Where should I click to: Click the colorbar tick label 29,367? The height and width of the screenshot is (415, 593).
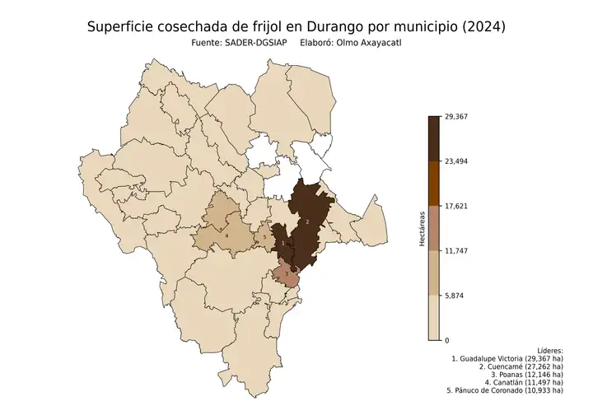456,116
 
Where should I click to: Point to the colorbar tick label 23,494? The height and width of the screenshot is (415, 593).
456,161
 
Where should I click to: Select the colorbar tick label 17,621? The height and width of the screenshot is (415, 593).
456,206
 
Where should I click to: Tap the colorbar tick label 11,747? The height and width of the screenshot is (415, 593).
456,250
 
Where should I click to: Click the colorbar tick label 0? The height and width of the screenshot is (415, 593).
447,340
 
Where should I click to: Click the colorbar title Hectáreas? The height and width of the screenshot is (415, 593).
421,228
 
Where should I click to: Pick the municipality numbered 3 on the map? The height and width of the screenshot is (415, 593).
286,273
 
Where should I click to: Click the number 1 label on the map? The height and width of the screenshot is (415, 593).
282,243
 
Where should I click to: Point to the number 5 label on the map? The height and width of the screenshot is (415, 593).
264,238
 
